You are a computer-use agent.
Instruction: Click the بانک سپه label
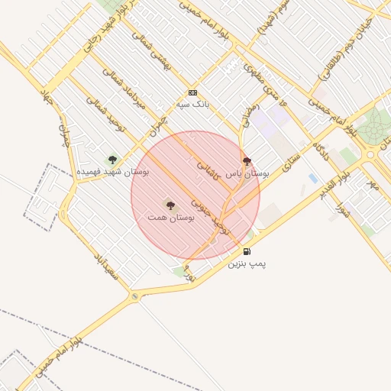192,104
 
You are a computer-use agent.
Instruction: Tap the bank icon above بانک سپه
192,92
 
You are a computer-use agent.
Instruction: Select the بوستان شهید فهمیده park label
112,173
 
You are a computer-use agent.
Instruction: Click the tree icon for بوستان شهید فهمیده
112,160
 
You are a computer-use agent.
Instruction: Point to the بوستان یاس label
247,174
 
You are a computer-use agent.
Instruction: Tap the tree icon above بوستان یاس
247,161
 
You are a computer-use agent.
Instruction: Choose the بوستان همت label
170,218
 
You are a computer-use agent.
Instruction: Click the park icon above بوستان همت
170,205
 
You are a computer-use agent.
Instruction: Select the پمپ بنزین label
247,263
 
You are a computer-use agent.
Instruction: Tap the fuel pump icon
247,251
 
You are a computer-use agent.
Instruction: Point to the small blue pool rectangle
313,179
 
